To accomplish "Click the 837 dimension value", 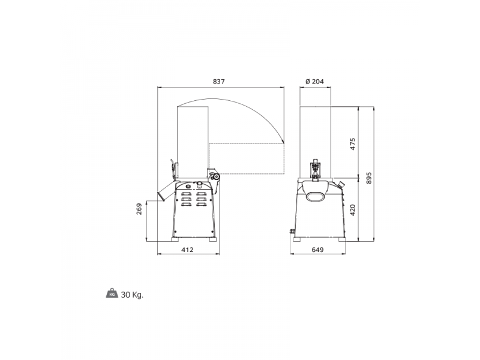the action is click(218, 82).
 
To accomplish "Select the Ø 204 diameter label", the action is click(314, 82).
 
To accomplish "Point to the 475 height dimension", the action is click(353, 144).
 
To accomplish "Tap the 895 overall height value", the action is click(369, 178).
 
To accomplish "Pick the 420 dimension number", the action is click(353, 211).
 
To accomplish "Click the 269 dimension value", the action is click(139, 209).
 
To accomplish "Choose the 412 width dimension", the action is click(187, 250).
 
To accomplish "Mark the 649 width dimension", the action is click(317, 250).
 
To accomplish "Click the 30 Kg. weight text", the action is click(132, 295).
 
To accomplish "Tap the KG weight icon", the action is click(112, 293).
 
